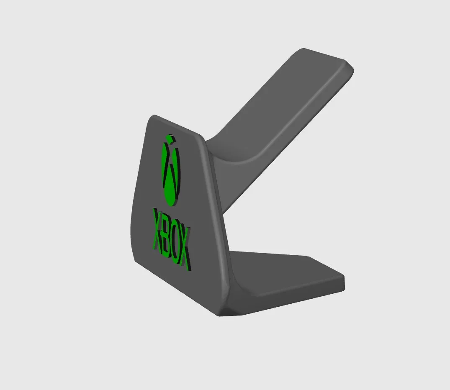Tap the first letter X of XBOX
pyautogui.click(x=159, y=229)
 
